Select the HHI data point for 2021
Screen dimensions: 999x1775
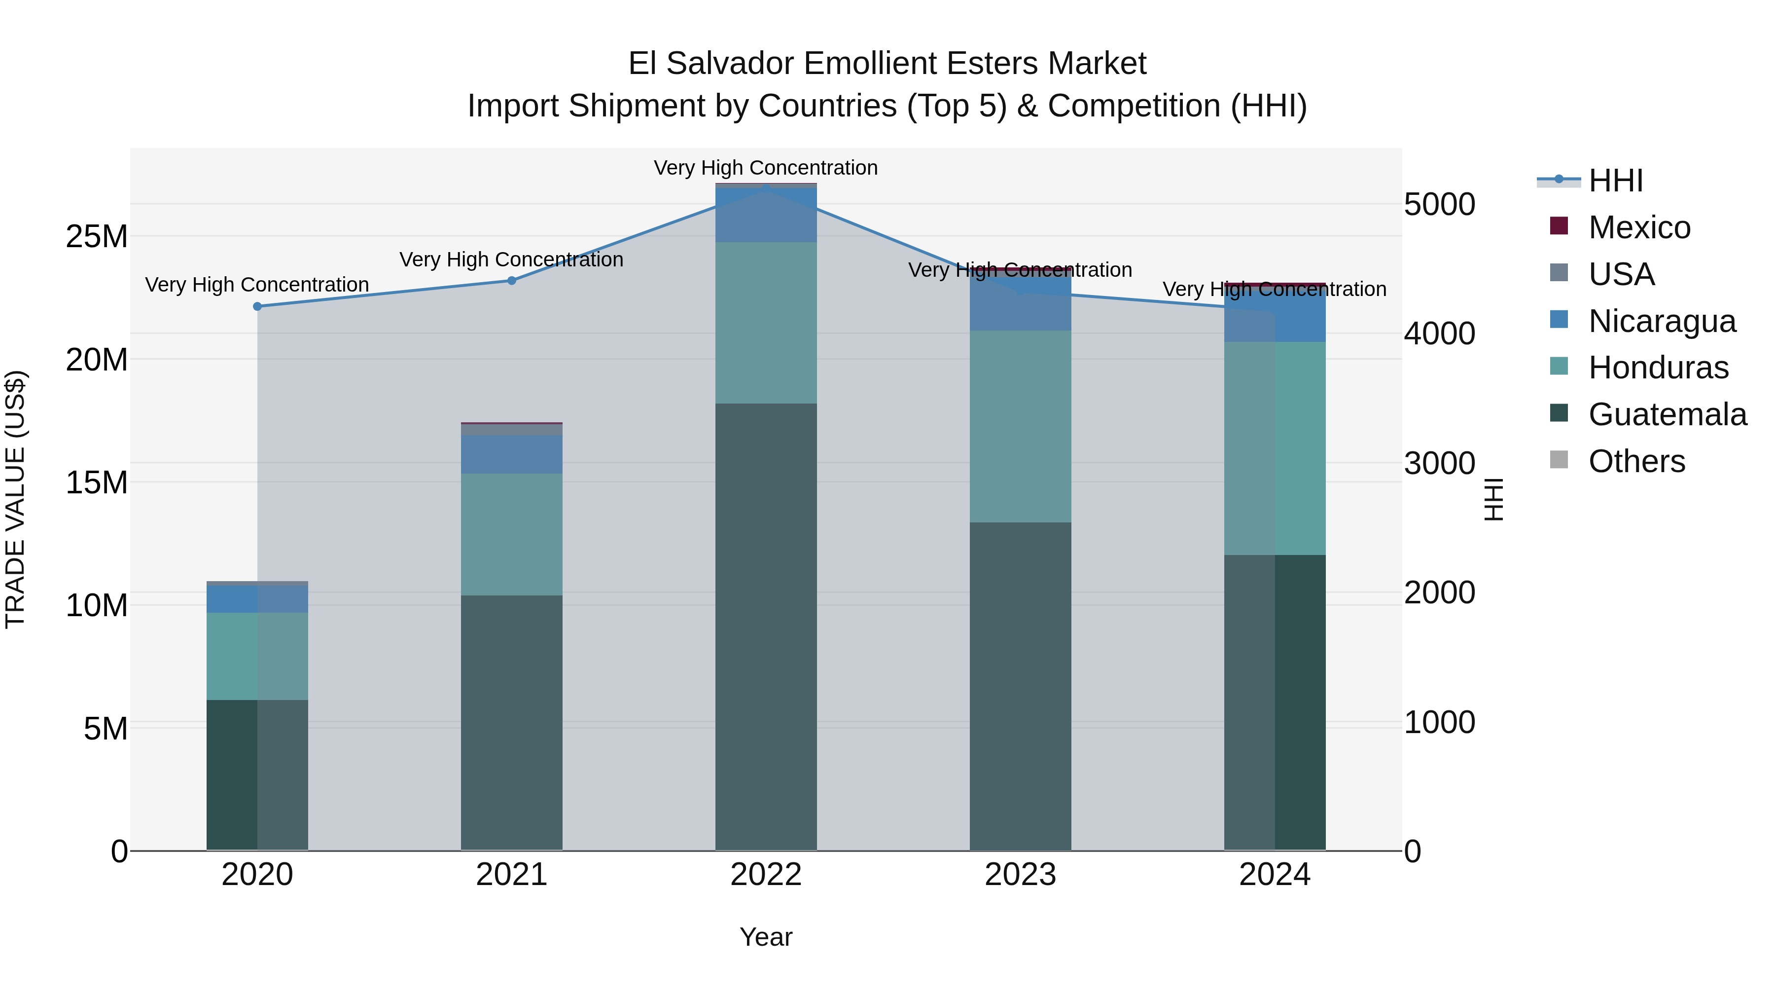coord(511,281)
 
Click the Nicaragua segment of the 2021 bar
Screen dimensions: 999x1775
coord(511,454)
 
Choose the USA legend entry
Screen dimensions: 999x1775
coord(1621,274)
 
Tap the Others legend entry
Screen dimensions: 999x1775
coord(1636,461)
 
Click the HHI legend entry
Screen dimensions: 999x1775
coord(1615,181)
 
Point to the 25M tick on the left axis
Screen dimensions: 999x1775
coord(97,236)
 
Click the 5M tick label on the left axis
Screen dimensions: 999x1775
coord(106,729)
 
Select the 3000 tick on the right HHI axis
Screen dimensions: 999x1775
coord(1439,463)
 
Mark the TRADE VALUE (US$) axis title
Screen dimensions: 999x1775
coord(15,499)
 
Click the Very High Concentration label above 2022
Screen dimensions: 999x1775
coord(766,168)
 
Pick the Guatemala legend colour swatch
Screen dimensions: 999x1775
coord(1559,413)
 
